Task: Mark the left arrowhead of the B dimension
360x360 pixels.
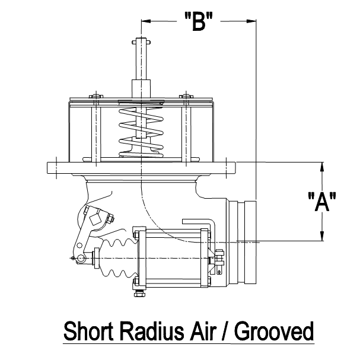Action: pyautogui.click(x=145, y=21)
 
